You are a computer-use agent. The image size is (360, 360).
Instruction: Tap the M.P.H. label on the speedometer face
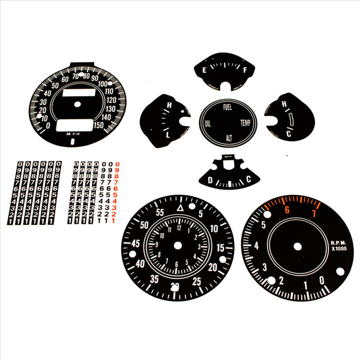pyautogui.click(x=73, y=134)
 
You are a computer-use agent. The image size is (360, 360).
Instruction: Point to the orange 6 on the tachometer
pyautogui.click(x=287, y=210)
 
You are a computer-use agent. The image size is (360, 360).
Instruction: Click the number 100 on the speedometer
pyautogui.click(x=101, y=84)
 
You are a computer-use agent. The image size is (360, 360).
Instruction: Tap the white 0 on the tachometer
pyautogui.click(x=322, y=280)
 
